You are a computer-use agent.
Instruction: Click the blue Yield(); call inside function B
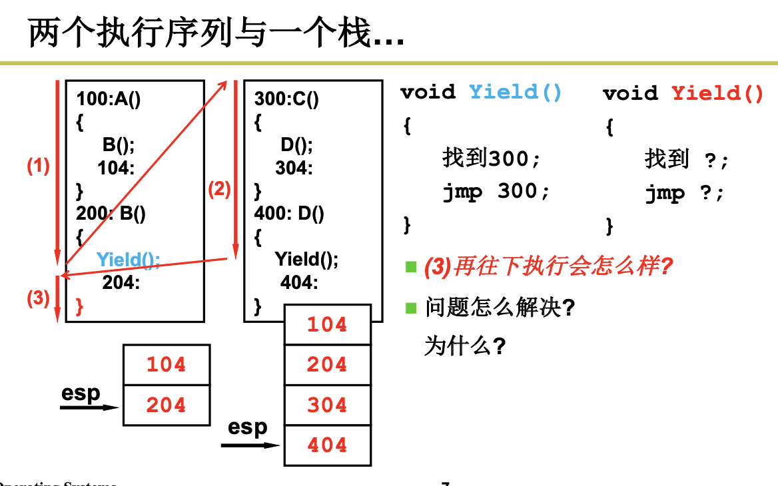[128, 259]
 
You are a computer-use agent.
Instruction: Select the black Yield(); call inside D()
[306, 258]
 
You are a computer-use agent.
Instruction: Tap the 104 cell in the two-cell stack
[167, 364]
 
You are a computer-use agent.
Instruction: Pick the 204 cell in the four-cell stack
[327, 364]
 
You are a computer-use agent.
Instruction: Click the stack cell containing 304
[327, 405]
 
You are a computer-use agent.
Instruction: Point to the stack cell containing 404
[327, 445]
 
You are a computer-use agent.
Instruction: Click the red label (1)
[38, 166]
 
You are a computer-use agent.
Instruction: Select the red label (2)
[219, 190]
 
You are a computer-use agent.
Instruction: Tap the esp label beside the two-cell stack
[81, 393]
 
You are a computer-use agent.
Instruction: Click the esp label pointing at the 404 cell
[247, 427]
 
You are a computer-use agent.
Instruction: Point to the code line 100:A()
[109, 99]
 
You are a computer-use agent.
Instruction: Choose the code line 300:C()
[286, 99]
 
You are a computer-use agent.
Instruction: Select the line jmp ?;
[684, 193]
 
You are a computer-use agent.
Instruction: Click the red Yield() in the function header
[717, 93]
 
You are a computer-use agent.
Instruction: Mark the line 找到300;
[492, 158]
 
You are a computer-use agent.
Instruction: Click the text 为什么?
[464, 346]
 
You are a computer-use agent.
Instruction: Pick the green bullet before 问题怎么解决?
[411, 308]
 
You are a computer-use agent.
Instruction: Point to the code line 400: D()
[289, 214]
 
